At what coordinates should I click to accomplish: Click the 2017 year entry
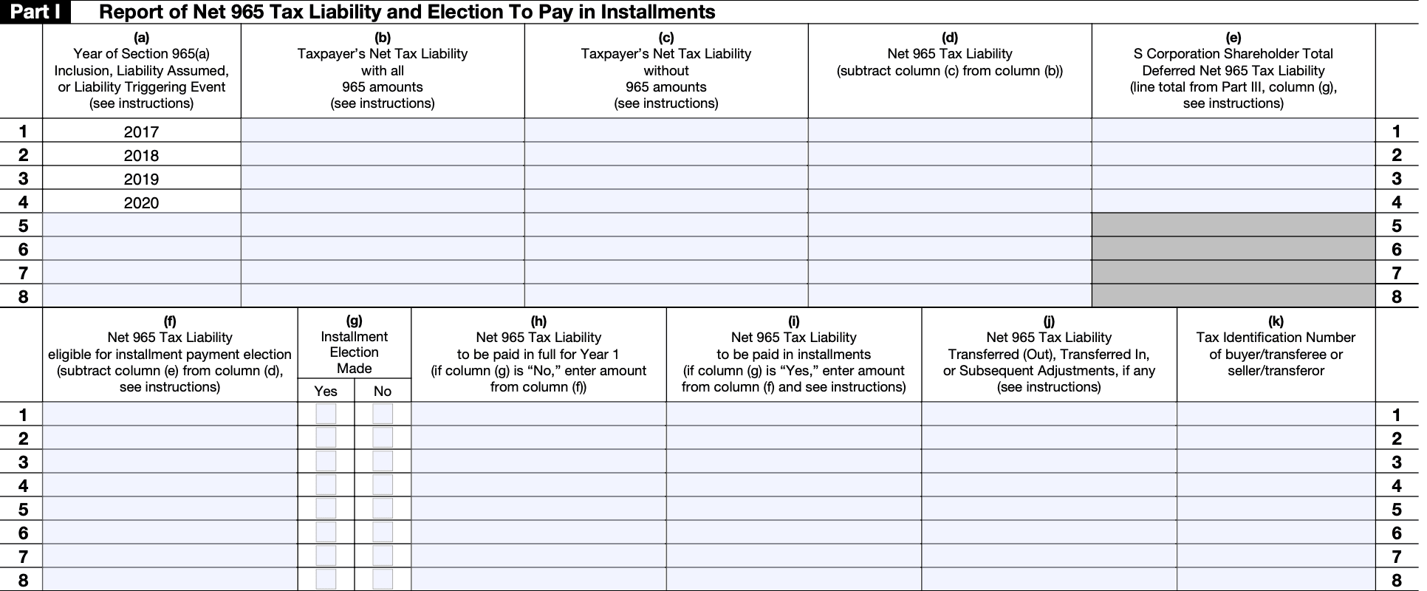[141, 131]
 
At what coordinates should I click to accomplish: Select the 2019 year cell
[141, 179]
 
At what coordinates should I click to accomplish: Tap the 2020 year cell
[141, 202]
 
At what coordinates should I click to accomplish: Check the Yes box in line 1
[326, 414]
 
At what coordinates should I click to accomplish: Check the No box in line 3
[383, 461]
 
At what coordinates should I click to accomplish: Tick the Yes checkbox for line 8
[326, 579]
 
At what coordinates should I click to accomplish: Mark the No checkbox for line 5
[383, 508]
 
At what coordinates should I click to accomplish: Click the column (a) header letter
[141, 37]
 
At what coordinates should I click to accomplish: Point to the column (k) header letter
[1276, 321]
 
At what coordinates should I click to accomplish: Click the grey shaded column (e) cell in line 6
[1233, 249]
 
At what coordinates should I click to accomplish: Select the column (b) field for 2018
[383, 154]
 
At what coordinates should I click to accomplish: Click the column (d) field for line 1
[950, 131]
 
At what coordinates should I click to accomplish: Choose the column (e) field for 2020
[1233, 202]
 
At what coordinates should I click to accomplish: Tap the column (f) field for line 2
[170, 438]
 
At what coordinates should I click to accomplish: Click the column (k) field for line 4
[1276, 485]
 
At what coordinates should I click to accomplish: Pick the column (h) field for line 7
[538, 556]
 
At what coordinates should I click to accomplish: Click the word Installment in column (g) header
[355, 337]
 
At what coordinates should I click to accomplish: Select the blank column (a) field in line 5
[141, 225]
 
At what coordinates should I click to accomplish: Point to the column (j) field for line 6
[1049, 533]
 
